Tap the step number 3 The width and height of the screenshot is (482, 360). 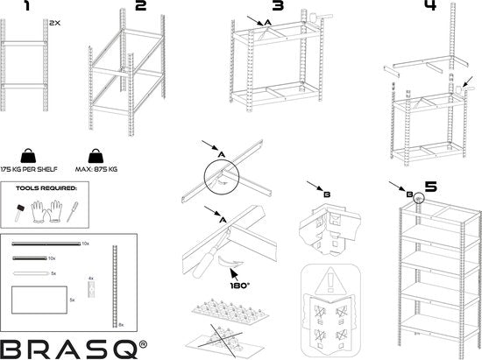point(278,7)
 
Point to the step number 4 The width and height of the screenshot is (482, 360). point(429,6)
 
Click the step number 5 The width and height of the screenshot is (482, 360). point(430,187)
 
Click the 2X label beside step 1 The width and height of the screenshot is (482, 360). point(55,23)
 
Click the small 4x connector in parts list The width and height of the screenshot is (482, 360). point(90,290)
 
